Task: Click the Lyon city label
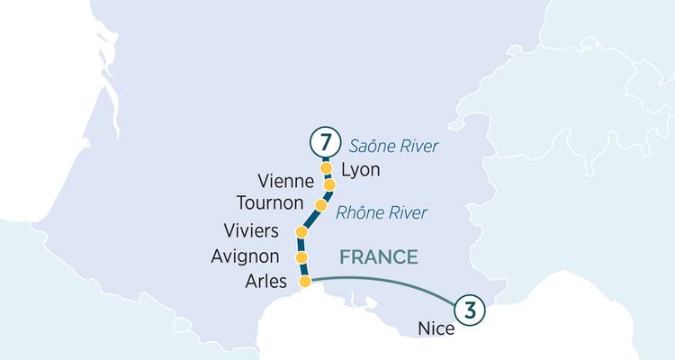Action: (x=362, y=170)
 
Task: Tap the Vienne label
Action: (x=283, y=181)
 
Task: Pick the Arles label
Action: (x=266, y=282)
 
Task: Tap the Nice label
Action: (x=436, y=329)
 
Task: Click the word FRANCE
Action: (x=378, y=257)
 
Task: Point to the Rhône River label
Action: (x=381, y=213)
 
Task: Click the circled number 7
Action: (x=325, y=143)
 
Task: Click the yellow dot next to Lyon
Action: (x=326, y=168)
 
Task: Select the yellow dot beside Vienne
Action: (x=329, y=184)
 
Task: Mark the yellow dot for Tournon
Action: (x=321, y=205)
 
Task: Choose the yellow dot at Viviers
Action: (x=301, y=232)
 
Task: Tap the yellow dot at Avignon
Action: (x=301, y=257)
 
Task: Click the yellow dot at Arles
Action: (x=305, y=282)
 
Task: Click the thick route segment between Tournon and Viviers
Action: (x=311, y=219)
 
